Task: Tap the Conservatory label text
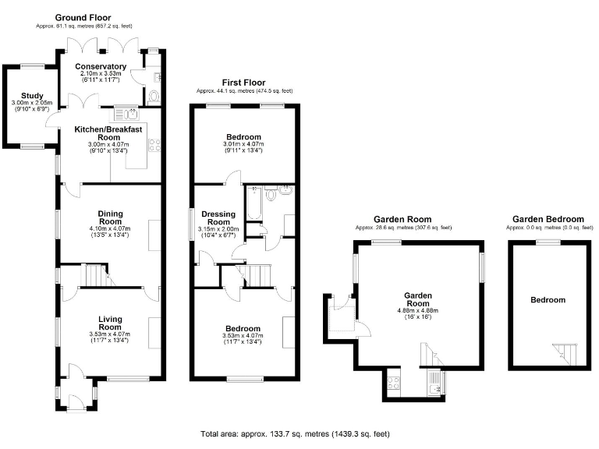tap(101, 67)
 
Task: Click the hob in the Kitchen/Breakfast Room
tap(154, 144)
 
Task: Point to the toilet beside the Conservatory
tap(153, 97)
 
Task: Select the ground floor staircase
tap(94, 275)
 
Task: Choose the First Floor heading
tap(243, 82)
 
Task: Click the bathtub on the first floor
tap(253, 204)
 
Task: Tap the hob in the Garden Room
tap(394, 382)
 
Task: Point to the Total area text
tap(295, 433)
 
